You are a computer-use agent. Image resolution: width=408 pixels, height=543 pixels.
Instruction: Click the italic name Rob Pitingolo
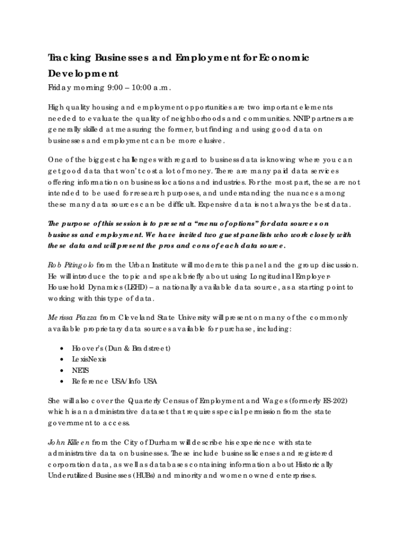pyautogui.click(x=72, y=265)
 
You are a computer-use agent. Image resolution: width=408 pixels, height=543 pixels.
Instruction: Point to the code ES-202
pyautogui.click(x=329, y=400)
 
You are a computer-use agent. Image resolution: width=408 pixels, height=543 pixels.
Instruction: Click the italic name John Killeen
pyautogui.click(x=69, y=442)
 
